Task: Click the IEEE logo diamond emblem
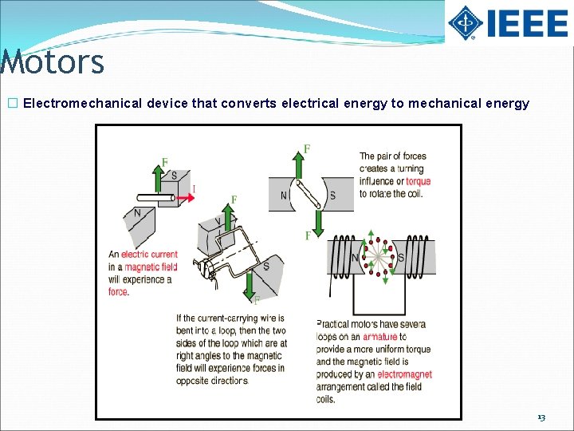pos(465,23)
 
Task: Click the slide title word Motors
pos(53,62)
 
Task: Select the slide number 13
pos(541,417)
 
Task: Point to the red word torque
pos(418,181)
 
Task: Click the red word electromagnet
pos(404,374)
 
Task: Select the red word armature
pos(379,337)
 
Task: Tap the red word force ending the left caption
pos(118,292)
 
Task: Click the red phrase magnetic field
pos(150,267)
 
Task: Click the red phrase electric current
pos(149,255)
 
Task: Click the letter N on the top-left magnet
pos(137,213)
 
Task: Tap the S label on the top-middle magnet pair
pos(332,196)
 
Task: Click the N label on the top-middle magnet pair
pos(283,196)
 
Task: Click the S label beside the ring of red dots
pos(400,257)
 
